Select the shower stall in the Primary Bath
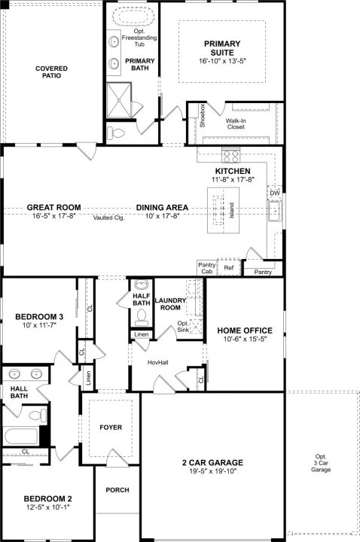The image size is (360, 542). (119, 100)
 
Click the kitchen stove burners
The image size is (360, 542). (230, 154)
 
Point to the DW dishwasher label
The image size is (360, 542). (275, 193)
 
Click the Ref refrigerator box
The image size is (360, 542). (229, 267)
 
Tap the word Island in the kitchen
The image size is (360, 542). (231, 211)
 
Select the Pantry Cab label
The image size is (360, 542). (207, 268)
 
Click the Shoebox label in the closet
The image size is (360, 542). (203, 115)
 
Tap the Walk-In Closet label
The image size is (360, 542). (236, 123)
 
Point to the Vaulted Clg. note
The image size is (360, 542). (108, 218)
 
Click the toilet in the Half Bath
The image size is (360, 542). (141, 318)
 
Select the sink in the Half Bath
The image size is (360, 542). (141, 285)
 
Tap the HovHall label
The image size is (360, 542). (158, 363)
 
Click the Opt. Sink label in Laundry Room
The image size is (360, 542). (183, 326)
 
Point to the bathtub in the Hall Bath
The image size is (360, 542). (21, 436)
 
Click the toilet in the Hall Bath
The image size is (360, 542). (38, 415)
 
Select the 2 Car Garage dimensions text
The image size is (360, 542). (212, 470)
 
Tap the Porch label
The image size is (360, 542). (117, 490)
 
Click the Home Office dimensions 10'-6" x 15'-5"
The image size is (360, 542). (245, 339)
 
